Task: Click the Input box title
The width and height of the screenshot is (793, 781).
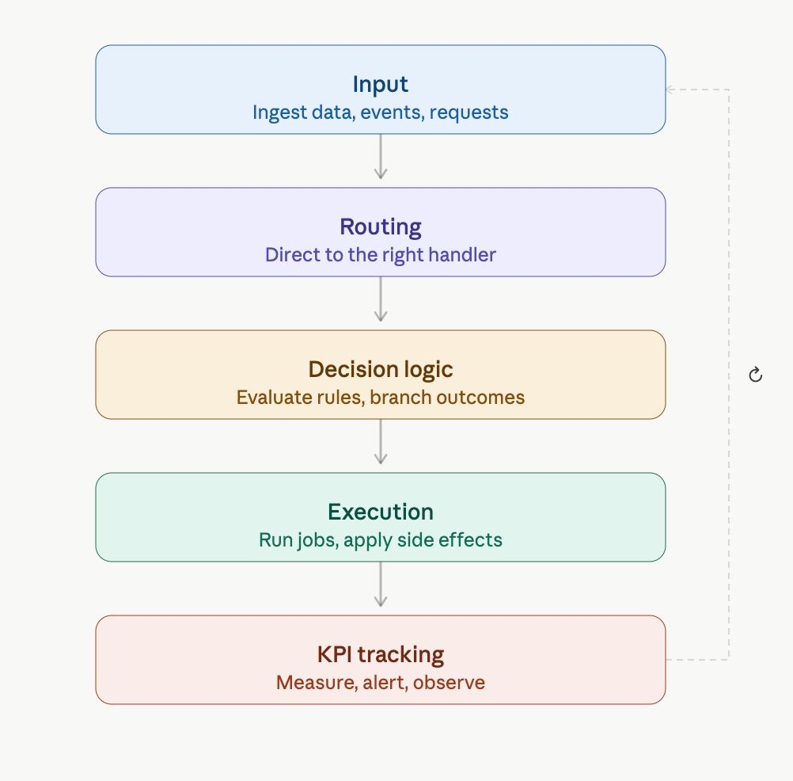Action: pos(381,85)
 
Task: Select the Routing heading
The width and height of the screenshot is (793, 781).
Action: pos(381,227)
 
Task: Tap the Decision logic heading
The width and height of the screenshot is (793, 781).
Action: pos(381,370)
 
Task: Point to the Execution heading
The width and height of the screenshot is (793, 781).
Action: pos(381,512)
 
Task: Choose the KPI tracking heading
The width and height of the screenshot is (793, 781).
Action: pos(381,655)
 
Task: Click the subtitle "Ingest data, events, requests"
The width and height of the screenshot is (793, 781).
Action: pos(381,112)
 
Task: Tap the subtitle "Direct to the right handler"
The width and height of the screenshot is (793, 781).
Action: pos(381,255)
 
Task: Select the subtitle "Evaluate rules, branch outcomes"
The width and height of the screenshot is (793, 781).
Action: pos(381,398)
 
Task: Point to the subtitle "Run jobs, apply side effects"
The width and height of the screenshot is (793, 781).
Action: pos(381,540)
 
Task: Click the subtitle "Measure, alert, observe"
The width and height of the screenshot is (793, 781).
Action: pos(381,682)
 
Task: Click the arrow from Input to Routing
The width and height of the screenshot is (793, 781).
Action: pos(381,156)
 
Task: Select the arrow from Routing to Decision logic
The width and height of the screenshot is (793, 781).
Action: pos(381,299)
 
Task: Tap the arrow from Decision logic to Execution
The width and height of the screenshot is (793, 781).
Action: pos(381,441)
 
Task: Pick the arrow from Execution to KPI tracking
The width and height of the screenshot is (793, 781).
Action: pos(381,584)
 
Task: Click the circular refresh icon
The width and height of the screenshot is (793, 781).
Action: pos(756,375)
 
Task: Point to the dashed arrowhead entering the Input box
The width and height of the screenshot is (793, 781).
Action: pos(670,90)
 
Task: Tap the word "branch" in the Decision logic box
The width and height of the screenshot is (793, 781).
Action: pos(400,398)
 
